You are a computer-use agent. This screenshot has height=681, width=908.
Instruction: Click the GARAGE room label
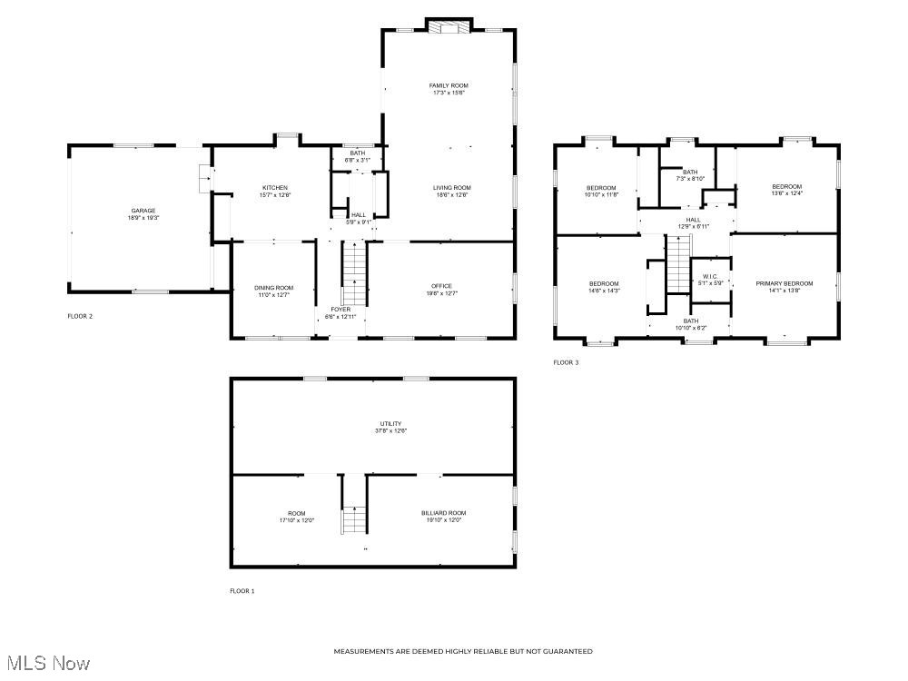[x=143, y=211]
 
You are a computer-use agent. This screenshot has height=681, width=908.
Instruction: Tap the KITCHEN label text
[x=275, y=188]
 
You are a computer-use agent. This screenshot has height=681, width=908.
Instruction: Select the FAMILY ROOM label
[x=449, y=85]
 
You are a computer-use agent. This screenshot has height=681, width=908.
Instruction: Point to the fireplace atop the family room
[x=449, y=27]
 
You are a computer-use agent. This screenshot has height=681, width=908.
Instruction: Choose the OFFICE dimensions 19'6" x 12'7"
[x=441, y=293]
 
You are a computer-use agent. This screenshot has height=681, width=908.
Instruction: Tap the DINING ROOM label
[x=273, y=287]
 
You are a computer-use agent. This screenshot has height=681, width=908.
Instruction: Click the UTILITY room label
[x=390, y=423]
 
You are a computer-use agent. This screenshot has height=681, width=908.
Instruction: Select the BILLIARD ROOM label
[x=443, y=513]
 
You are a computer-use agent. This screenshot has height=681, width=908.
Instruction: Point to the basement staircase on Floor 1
[x=353, y=519]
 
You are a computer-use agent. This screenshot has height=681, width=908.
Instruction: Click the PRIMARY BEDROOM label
[x=785, y=283]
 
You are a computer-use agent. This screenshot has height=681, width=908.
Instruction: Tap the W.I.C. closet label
[x=709, y=276]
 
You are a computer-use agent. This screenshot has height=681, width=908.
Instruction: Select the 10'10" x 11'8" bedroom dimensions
[x=600, y=194]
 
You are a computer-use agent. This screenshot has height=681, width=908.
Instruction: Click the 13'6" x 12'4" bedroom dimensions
[x=786, y=193]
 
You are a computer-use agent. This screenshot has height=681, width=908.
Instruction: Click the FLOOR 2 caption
[x=80, y=316]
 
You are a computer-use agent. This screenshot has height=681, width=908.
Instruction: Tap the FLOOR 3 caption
[x=566, y=362]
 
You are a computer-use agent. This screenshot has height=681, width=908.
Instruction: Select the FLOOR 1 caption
[x=242, y=591]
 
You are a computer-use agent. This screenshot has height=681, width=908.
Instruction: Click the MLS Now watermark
[x=46, y=664]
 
